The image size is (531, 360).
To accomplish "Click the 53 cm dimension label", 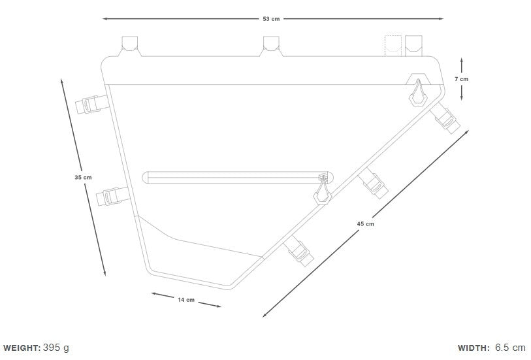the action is click(x=271, y=19).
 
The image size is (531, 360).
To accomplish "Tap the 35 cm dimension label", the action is click(x=84, y=177).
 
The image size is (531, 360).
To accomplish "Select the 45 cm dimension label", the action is click(x=365, y=224).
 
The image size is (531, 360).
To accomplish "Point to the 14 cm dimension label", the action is click(x=186, y=300).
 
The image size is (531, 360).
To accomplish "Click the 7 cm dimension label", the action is click(x=461, y=79).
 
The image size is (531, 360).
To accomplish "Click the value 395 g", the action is click(x=56, y=348).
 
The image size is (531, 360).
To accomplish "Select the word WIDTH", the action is click(x=474, y=348).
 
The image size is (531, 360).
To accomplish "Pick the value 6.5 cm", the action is click(x=510, y=348).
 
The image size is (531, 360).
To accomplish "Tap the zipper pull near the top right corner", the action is click(x=419, y=93).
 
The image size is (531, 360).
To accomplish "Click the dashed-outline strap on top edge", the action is click(x=393, y=46).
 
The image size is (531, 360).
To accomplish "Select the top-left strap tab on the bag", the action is click(x=130, y=46).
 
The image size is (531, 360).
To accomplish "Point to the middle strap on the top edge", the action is click(x=271, y=46).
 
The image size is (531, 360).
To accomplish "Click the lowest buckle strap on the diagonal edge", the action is click(x=298, y=252).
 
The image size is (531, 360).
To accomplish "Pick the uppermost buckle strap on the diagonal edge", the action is click(x=445, y=118).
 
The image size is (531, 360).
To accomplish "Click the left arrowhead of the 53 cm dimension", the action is click(x=105, y=19).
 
